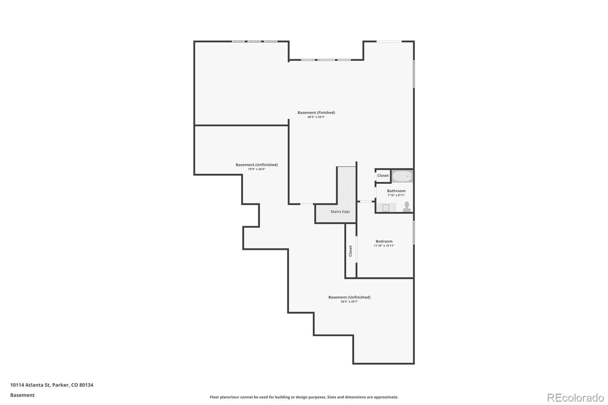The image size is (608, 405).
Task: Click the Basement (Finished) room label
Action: [x=316, y=112]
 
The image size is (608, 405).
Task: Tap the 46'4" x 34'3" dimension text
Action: [x=316, y=117]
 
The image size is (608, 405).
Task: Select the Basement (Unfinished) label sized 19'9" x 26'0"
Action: [x=256, y=165]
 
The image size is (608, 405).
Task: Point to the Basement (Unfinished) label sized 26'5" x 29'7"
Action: [x=349, y=297]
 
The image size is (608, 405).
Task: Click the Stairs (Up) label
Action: [x=340, y=212]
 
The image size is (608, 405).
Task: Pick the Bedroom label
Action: [x=384, y=241]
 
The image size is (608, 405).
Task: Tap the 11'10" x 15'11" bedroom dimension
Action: [x=384, y=246]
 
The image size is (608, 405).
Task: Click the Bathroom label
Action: [x=396, y=191]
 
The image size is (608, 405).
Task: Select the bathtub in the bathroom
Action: [x=402, y=176]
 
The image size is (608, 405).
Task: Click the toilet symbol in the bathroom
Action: [x=407, y=206]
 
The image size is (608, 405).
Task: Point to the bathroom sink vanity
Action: [x=386, y=207]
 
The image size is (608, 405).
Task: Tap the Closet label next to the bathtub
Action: [x=383, y=176]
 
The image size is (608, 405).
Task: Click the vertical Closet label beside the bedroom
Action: [x=350, y=251]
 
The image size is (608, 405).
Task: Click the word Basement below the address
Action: [x=22, y=395]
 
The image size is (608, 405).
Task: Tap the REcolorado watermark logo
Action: [x=575, y=397]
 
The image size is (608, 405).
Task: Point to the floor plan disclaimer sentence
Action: [x=304, y=397]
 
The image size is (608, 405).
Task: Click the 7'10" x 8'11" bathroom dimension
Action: [x=396, y=195]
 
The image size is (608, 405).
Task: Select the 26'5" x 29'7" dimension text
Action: [x=349, y=302]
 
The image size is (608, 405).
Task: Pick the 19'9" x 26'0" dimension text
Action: [x=256, y=169]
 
